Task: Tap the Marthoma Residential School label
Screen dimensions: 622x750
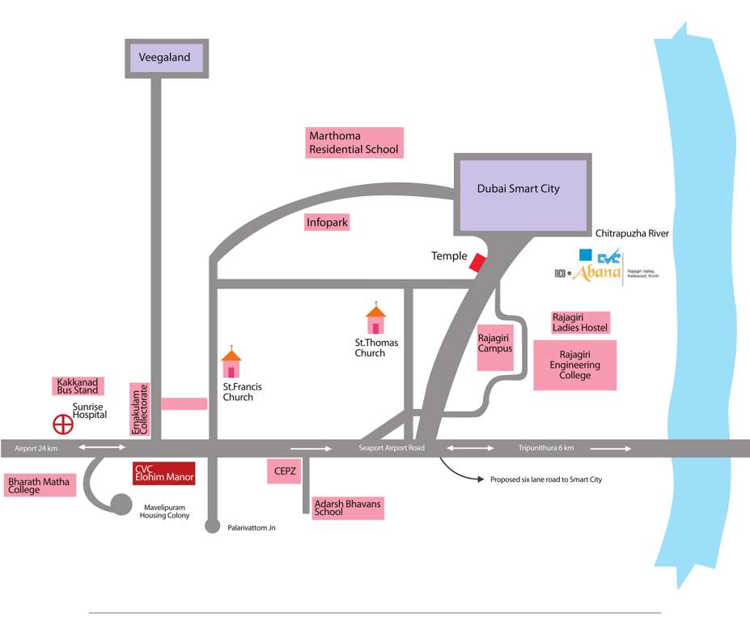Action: [354, 143]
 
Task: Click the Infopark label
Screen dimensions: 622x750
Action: [328, 222]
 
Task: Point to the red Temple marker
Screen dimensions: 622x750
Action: [479, 263]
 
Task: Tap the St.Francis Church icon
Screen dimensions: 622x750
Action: [231, 364]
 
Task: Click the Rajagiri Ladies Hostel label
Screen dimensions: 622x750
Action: [580, 322]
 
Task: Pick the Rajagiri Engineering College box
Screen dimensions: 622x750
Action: [574, 365]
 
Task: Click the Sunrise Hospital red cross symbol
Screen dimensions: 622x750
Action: [62, 424]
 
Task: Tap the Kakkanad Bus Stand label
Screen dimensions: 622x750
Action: [78, 386]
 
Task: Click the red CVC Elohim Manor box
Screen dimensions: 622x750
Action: [163, 473]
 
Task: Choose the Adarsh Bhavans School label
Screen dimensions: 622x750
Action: [347, 508]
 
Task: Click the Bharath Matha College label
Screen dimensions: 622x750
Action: [39, 486]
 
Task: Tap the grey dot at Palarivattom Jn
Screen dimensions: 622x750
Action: [212, 527]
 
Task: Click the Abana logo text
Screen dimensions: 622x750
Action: [596, 273]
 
